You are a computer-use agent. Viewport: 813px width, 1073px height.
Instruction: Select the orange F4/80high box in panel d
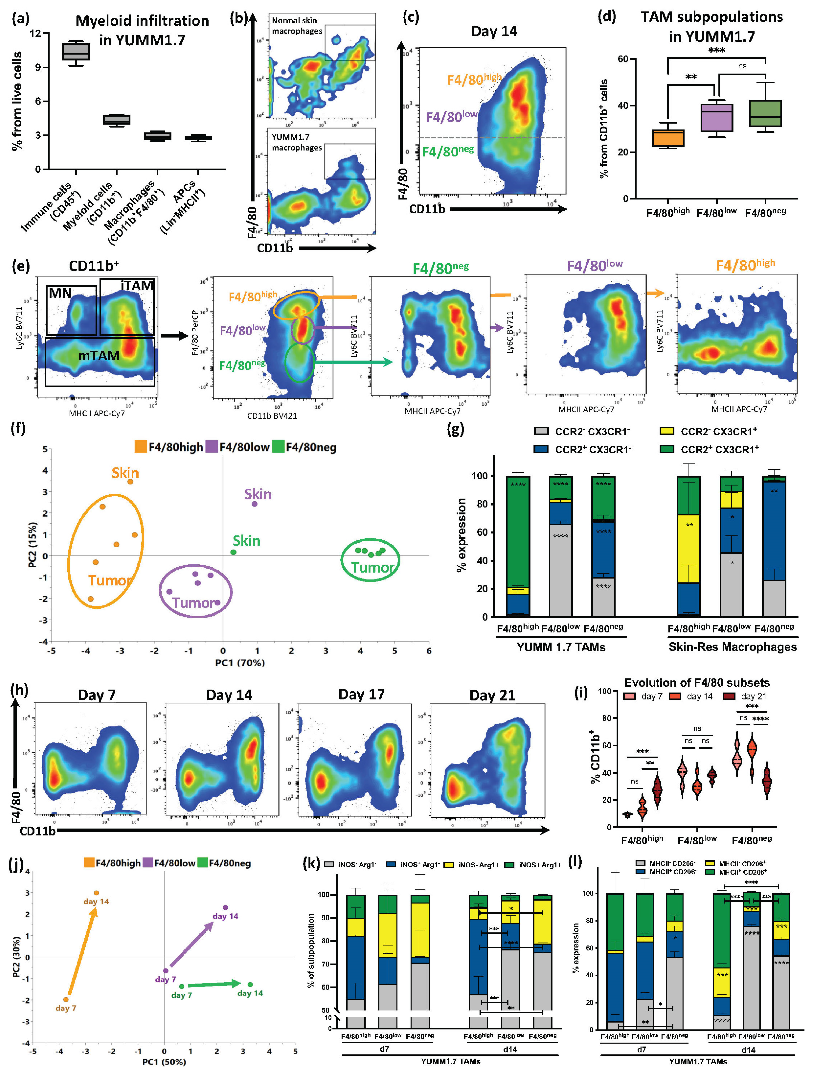[668, 138]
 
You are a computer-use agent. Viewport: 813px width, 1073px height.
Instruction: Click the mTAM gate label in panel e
[99, 356]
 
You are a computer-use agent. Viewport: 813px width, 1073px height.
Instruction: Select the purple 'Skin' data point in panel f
[254, 504]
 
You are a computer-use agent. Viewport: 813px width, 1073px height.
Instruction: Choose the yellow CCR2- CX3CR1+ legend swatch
[667, 431]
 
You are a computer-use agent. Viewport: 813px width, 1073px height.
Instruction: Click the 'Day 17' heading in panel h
[361, 695]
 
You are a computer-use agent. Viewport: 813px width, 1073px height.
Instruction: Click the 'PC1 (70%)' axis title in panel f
[240, 663]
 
